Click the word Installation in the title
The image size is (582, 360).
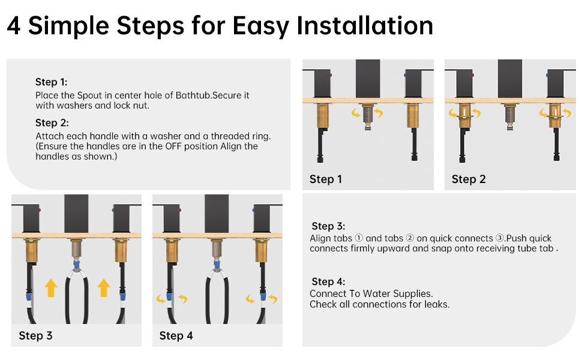click(x=364, y=26)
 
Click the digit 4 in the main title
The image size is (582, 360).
click(x=14, y=26)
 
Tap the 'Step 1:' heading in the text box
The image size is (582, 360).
click(x=51, y=82)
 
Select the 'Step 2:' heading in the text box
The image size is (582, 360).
click(x=52, y=123)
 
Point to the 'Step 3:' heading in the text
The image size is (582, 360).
click(x=328, y=226)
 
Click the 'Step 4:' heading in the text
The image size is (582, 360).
click(x=328, y=281)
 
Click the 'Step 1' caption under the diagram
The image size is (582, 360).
click(x=326, y=179)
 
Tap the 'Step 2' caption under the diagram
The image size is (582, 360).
click(x=469, y=179)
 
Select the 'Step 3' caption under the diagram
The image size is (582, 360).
click(x=35, y=336)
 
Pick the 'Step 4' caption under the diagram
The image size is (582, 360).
click(x=176, y=336)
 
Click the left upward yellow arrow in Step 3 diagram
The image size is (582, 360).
click(x=51, y=288)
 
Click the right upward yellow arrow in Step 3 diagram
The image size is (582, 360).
click(x=104, y=288)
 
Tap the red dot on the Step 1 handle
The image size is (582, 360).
click(x=331, y=75)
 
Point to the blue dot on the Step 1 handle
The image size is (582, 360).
click(x=405, y=75)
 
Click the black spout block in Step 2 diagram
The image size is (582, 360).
click(x=510, y=79)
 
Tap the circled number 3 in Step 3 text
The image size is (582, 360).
click(x=500, y=238)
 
